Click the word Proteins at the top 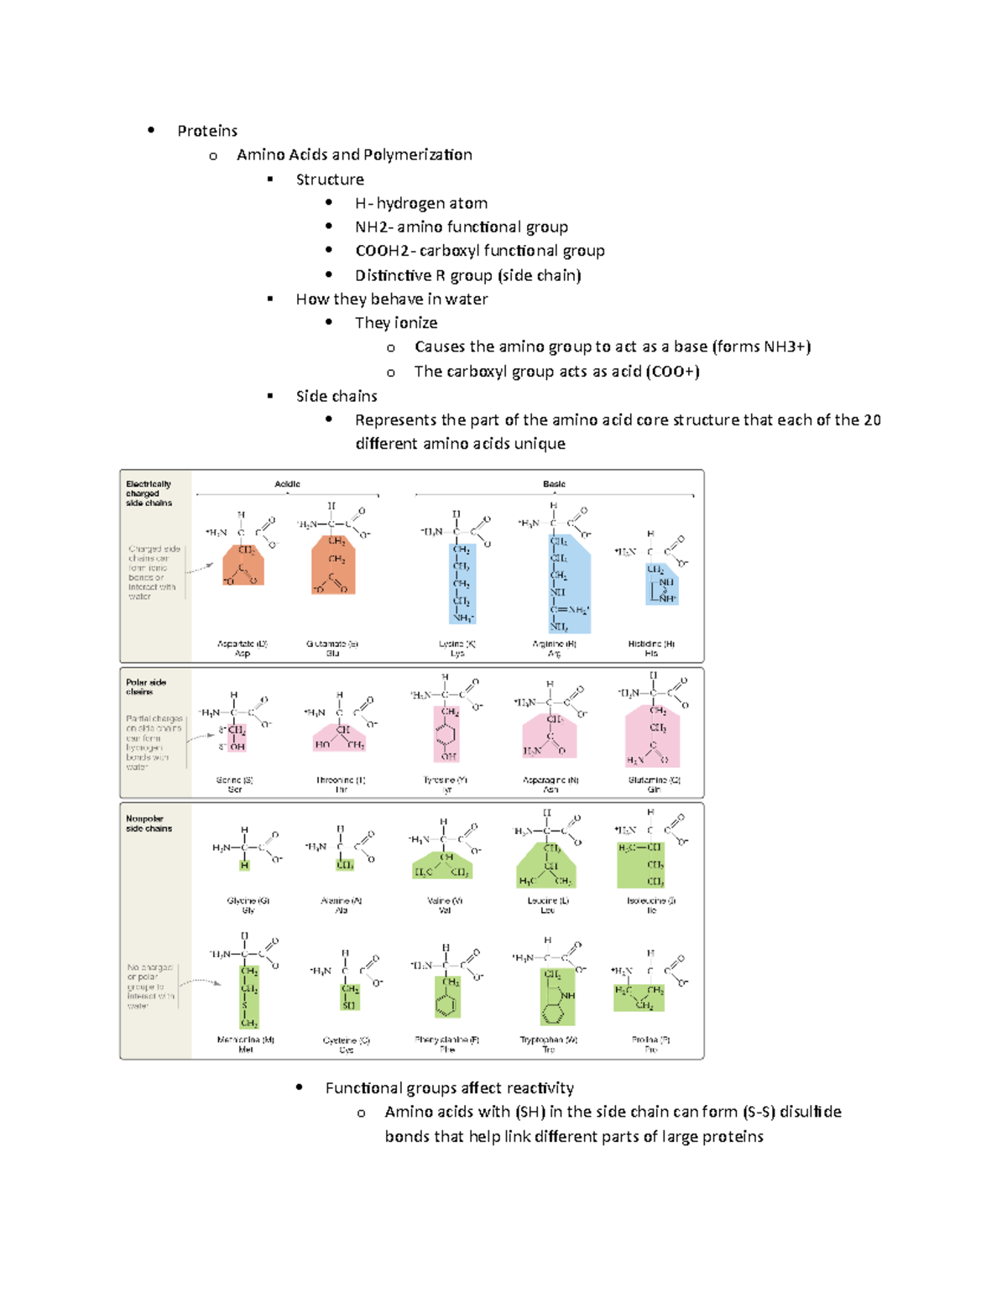coord(207,131)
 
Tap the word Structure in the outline coord(330,180)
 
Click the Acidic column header coord(287,484)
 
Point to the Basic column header coord(554,484)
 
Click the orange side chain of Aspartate coord(243,566)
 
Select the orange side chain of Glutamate coord(333,566)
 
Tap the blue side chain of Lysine coord(462,584)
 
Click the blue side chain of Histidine coord(662,584)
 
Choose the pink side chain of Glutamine coord(653,737)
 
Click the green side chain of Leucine coord(546,866)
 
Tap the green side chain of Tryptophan coord(556,997)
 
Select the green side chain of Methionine coord(249,997)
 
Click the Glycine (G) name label coord(248,900)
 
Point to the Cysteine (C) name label coord(347,1040)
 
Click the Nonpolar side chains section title coord(149,823)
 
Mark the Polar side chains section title coord(146,687)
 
